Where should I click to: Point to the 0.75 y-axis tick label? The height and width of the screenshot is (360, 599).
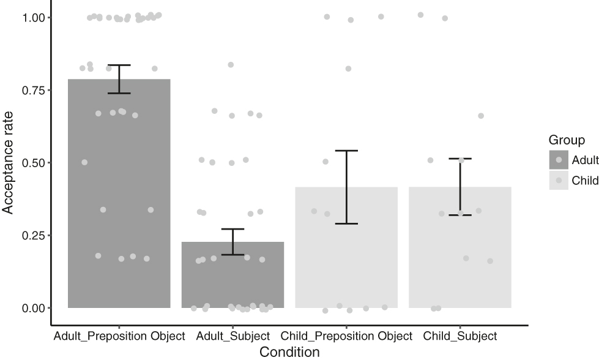(33, 90)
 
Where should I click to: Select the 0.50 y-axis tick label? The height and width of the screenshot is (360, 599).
(33, 163)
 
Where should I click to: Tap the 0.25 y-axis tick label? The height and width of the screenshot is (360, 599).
(33, 235)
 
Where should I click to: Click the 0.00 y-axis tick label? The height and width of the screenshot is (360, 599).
(33, 307)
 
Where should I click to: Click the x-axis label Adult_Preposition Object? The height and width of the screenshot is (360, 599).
(119, 336)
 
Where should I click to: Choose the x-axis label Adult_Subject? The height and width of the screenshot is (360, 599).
(233, 336)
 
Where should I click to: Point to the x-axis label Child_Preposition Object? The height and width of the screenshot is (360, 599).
(346, 336)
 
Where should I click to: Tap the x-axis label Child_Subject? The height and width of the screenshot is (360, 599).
(460, 336)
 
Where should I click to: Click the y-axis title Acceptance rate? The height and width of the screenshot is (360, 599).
(8, 163)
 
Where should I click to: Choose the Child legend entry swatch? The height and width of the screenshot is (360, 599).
(558, 181)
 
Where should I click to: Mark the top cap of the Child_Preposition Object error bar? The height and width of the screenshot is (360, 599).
(346, 151)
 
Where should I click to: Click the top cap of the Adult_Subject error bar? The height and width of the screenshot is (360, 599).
(233, 229)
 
